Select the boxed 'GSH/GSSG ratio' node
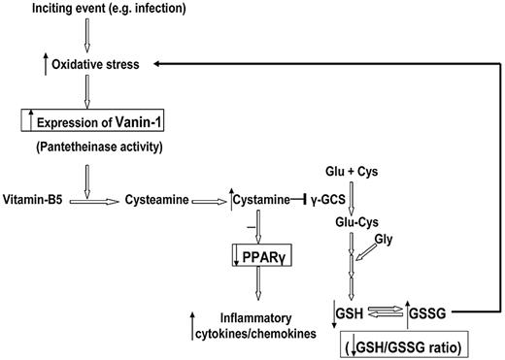(409, 344)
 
